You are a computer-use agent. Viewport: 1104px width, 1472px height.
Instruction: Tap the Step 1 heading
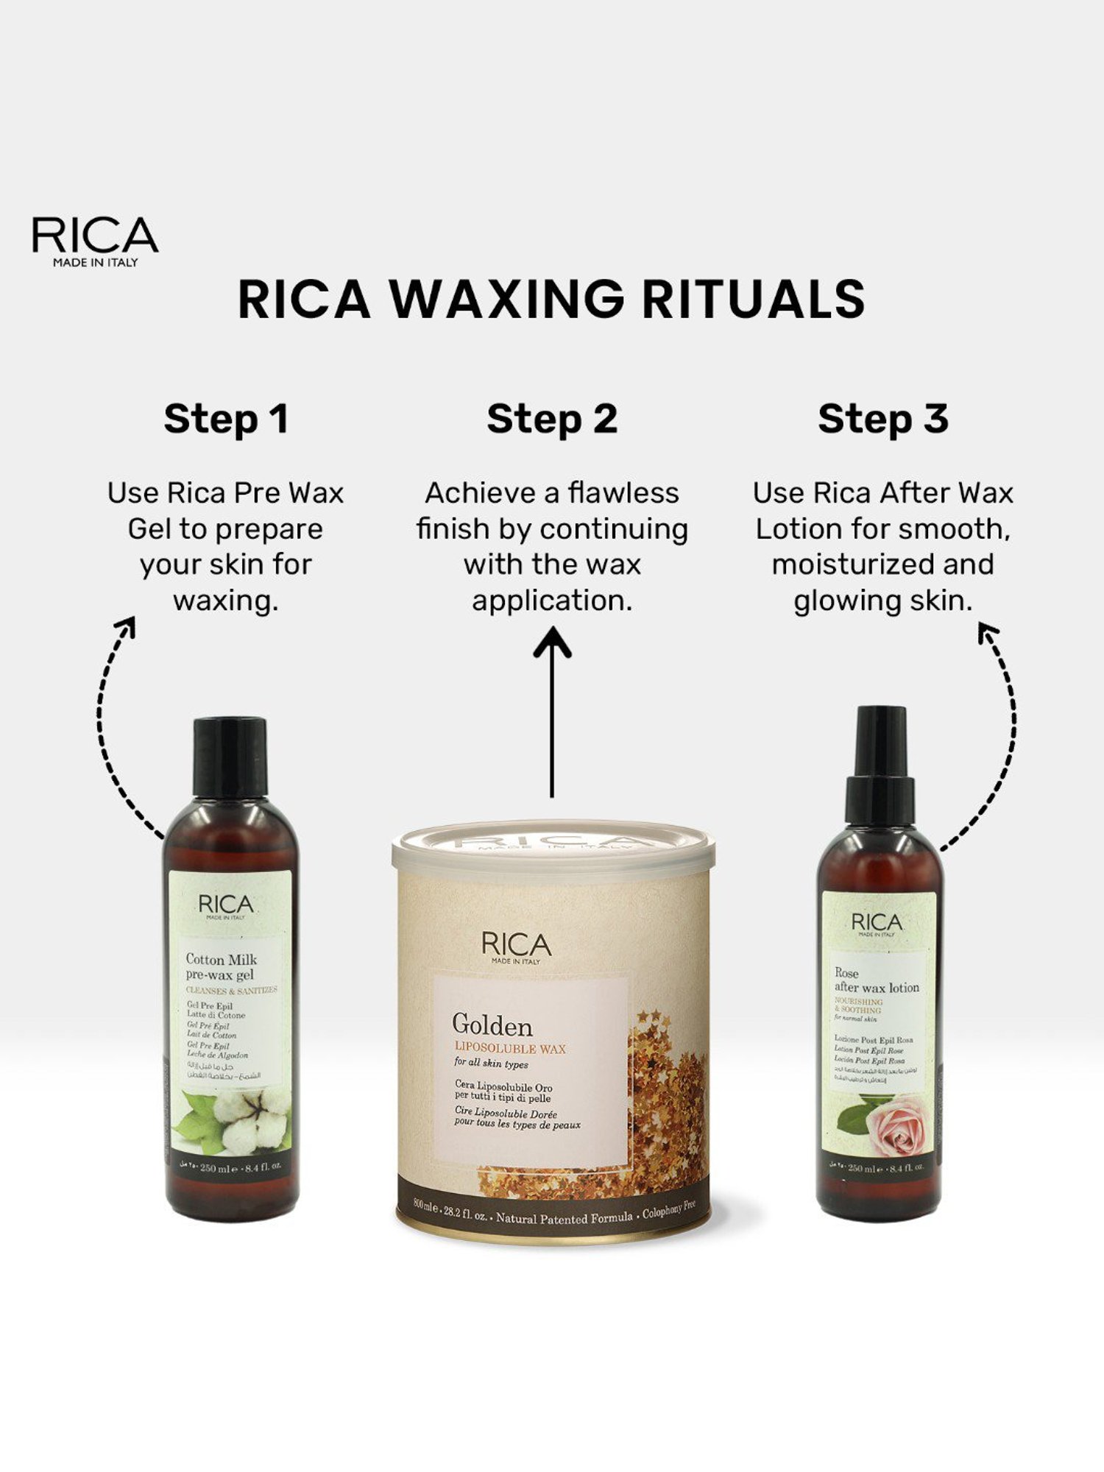(x=225, y=419)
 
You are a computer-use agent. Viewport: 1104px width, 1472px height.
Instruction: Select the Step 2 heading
(x=552, y=419)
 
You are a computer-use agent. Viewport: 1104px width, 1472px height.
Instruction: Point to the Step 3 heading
(x=882, y=419)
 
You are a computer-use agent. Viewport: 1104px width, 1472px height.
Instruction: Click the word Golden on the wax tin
(x=492, y=1025)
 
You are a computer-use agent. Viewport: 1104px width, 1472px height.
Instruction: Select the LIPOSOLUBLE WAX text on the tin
(x=510, y=1048)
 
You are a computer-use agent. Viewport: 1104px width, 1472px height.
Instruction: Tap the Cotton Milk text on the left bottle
(x=221, y=959)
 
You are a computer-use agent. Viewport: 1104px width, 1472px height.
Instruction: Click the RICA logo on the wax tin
(x=516, y=946)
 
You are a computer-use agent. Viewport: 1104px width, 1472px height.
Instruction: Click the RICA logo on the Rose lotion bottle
(x=876, y=924)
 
